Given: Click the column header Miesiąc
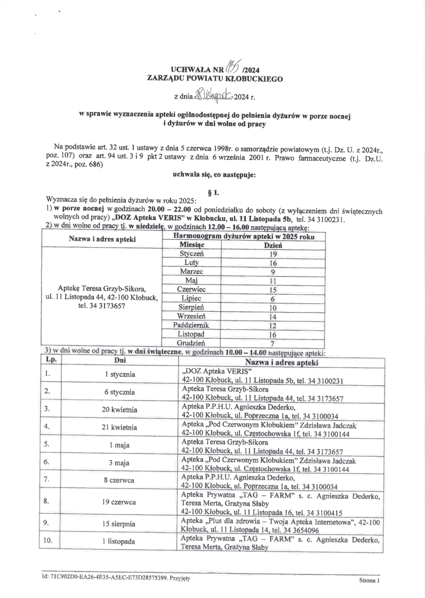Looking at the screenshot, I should click(192, 245).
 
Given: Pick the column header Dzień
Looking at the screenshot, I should click(273, 245).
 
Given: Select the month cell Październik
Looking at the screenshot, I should click(191, 325).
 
